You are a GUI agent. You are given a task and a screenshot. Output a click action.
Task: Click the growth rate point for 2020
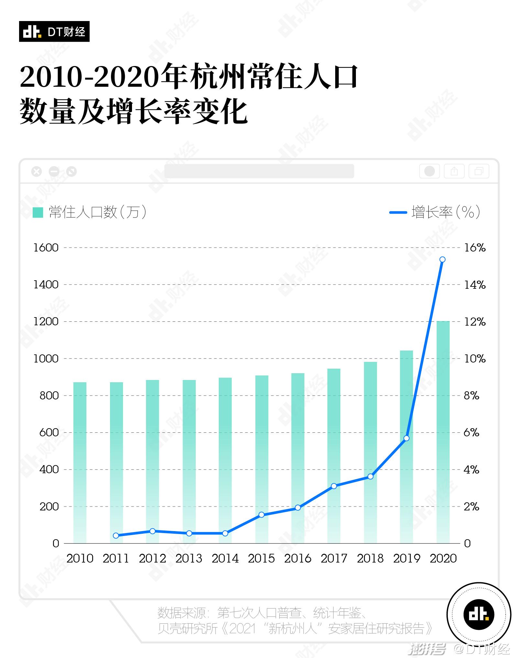443,259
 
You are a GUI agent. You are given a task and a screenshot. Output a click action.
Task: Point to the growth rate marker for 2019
407,438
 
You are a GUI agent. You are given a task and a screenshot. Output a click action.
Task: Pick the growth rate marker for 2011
116,535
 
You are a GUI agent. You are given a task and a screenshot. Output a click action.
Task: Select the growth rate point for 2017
334,486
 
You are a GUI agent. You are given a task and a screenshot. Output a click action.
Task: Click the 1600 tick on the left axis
46,248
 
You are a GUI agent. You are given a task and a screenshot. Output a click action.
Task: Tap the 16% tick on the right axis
475,248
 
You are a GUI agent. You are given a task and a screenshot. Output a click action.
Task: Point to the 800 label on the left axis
49,396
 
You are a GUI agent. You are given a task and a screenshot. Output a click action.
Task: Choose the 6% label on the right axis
471,432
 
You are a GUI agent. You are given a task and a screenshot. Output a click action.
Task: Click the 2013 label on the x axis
189,558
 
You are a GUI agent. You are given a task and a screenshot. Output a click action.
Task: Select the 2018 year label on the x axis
370,558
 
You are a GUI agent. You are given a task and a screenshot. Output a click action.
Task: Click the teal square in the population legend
38,212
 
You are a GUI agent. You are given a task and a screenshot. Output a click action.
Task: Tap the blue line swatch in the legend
398,212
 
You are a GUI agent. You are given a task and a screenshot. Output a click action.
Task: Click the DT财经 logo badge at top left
54,31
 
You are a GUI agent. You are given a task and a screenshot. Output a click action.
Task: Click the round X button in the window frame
37,171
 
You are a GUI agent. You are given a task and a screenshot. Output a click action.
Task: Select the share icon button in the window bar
454,171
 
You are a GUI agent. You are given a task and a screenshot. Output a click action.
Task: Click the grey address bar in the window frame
259,171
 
